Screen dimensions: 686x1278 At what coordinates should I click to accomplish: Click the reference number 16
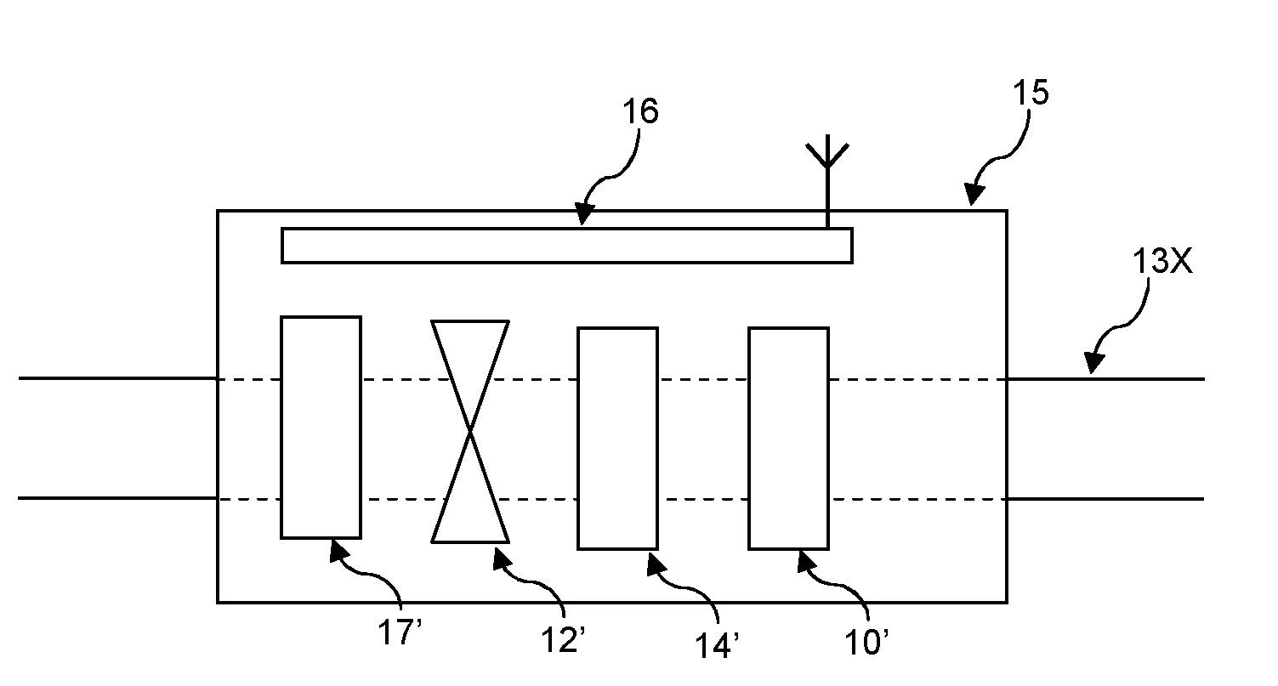[x=640, y=112]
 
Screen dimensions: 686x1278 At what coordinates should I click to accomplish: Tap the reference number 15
[x=1031, y=94]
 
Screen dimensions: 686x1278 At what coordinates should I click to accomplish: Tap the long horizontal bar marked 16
[x=566, y=246]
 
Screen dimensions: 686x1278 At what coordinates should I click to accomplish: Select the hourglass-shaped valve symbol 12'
[x=470, y=432]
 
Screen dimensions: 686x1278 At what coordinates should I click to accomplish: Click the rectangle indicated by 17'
[x=321, y=427]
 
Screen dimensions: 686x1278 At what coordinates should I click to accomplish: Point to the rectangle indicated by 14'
[x=617, y=438]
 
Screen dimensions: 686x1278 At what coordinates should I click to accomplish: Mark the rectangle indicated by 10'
[x=788, y=438]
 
